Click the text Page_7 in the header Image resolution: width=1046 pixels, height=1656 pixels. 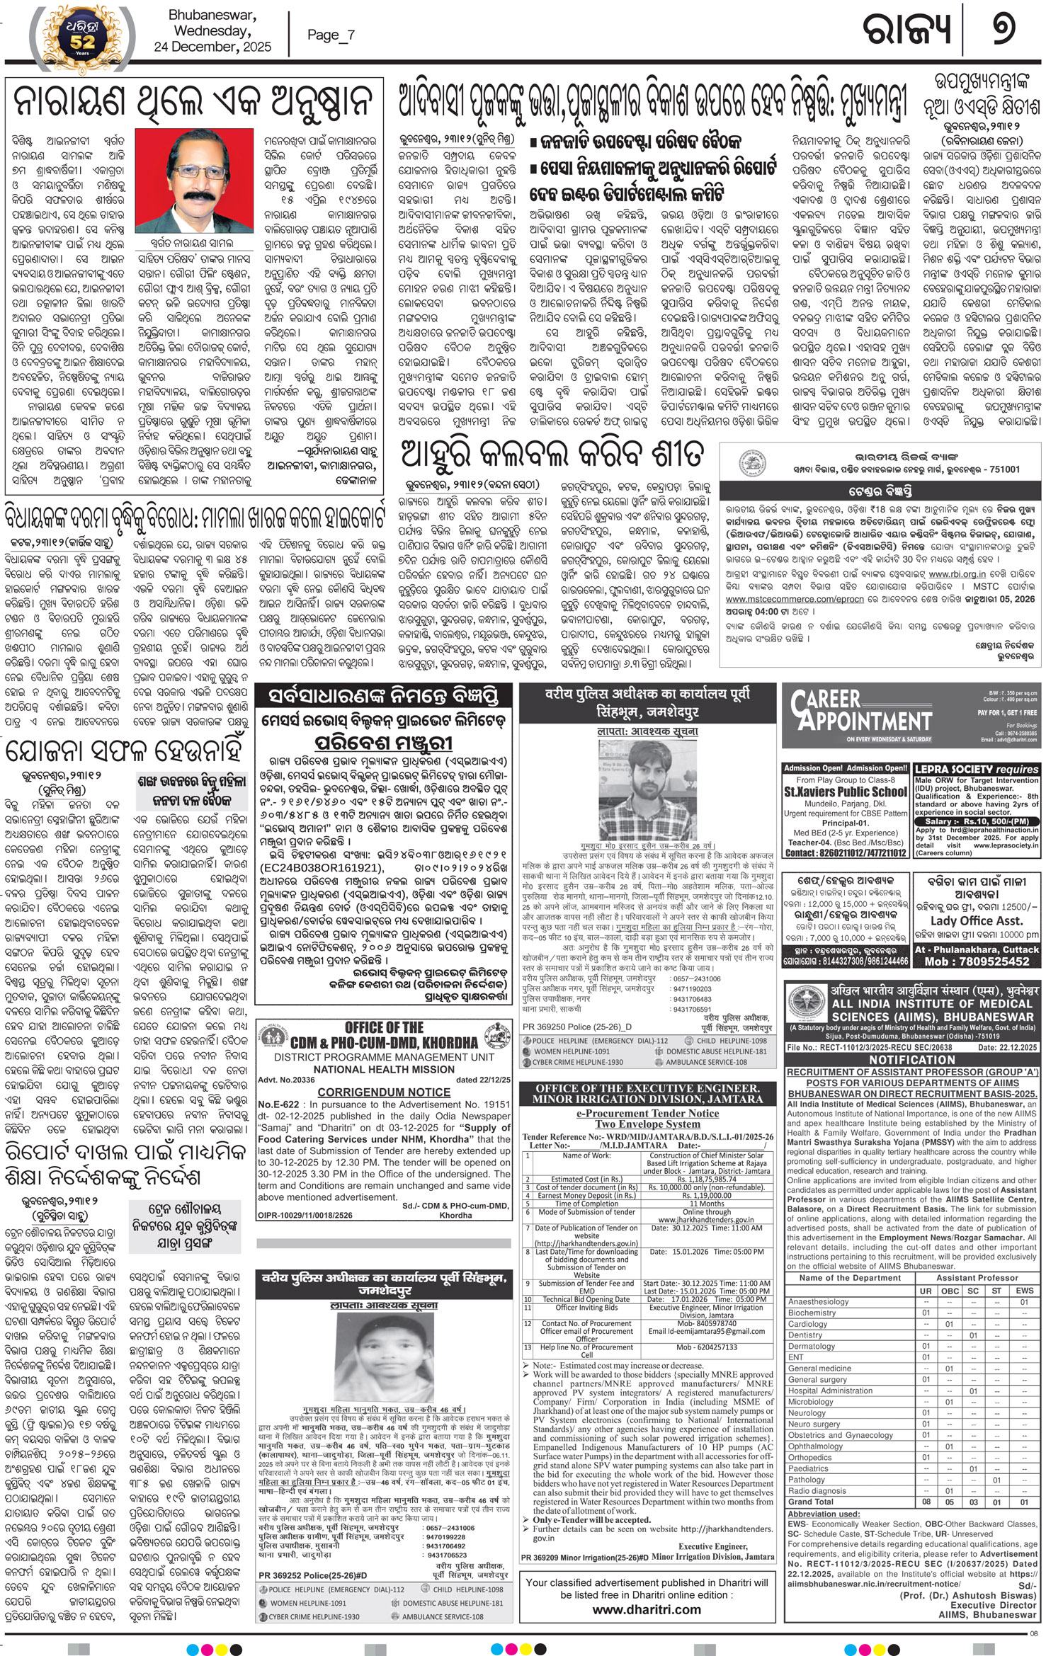click(x=331, y=35)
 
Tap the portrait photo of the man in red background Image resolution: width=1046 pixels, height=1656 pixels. click(x=193, y=181)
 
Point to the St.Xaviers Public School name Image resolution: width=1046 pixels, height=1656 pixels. click(x=846, y=792)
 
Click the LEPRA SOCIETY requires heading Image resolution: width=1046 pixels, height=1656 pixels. click(x=976, y=769)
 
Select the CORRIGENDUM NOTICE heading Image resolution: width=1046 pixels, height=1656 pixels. click(x=383, y=1092)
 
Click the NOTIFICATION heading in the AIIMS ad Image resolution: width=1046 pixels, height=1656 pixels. click(x=912, y=1060)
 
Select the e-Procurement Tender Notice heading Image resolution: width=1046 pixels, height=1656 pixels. click(x=647, y=1114)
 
